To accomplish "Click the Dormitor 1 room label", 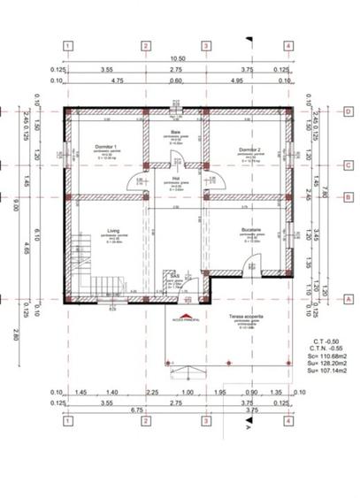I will pyautogui.click(x=105, y=149).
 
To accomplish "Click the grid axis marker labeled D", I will pyautogui.click(x=349, y=111).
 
